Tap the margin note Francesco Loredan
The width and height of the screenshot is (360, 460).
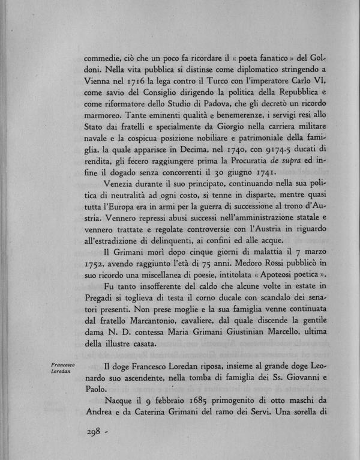click(63, 368)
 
